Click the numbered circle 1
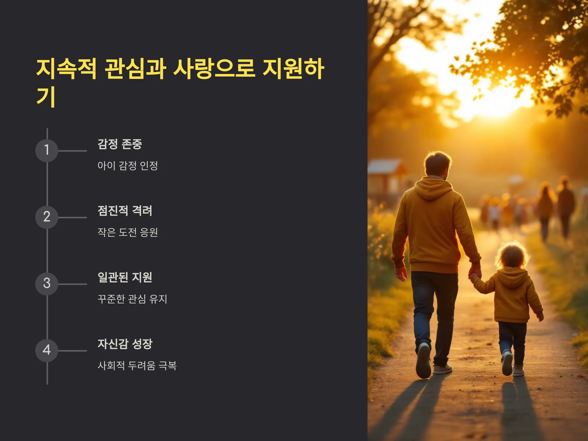[x=47, y=150]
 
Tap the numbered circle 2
[x=47, y=217]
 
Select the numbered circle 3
[x=47, y=284]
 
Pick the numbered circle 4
[x=47, y=351]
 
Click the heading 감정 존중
[x=120, y=144]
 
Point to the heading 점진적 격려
[x=125, y=211]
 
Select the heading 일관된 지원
[x=125, y=278]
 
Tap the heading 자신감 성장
[x=125, y=344]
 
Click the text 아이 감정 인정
[x=128, y=166]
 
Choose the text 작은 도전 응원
[x=128, y=232]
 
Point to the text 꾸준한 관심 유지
[x=132, y=299]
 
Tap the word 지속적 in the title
[x=66, y=69]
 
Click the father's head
[x=437, y=165]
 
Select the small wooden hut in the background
[x=387, y=178]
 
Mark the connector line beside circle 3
[x=72, y=284]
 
